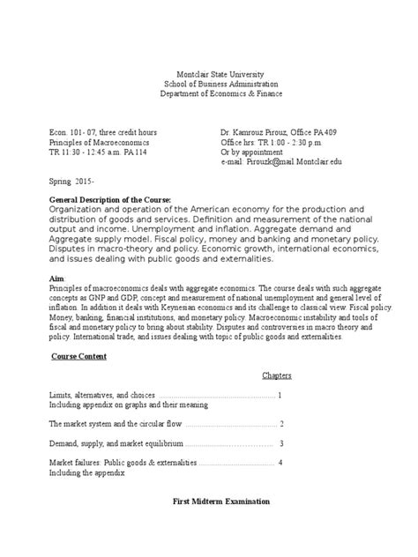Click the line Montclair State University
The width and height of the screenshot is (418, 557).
pyautogui.click(x=208, y=77)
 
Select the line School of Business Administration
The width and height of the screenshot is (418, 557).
pyautogui.click(x=208, y=86)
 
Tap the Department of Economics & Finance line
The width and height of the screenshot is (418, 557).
pyautogui.click(x=208, y=96)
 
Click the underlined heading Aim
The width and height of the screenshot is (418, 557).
pyautogui.click(x=56, y=275)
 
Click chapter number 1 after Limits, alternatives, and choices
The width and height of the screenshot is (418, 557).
pyautogui.click(x=280, y=396)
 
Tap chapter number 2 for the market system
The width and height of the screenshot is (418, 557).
pyautogui.click(x=280, y=423)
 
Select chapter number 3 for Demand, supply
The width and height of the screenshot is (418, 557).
pyautogui.click(x=281, y=443)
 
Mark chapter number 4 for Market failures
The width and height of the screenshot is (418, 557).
pyautogui.click(x=280, y=463)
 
